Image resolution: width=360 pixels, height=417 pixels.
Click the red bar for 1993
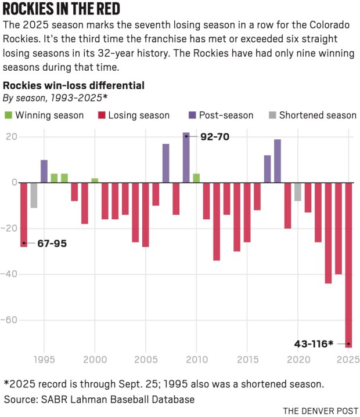point(24,215)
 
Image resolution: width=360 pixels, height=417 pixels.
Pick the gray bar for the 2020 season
point(298,191)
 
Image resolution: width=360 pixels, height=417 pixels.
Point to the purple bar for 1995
point(44,171)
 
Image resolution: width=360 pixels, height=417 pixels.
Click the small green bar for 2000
point(95,180)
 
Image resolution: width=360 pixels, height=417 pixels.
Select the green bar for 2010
point(196,178)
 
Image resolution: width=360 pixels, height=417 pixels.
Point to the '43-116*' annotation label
point(313,344)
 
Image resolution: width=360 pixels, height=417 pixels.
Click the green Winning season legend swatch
point(8,115)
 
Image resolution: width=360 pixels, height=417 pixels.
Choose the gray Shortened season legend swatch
point(272,115)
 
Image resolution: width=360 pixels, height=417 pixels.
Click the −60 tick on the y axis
point(12,320)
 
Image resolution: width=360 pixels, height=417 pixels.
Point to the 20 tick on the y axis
point(12,137)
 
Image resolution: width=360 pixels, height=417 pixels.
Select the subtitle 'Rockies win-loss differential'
point(74,85)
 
